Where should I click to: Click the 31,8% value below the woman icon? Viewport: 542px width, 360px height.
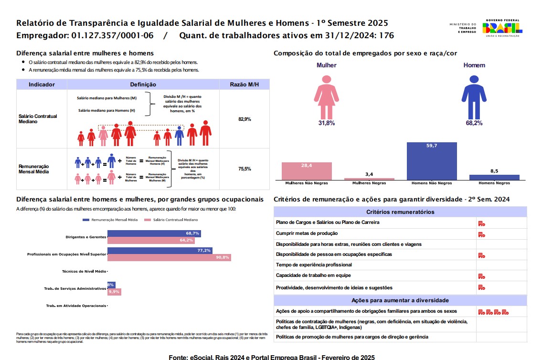click(x=327, y=123)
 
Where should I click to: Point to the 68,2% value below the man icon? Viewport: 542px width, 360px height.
click(x=474, y=123)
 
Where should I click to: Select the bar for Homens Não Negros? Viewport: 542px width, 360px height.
click(x=432, y=160)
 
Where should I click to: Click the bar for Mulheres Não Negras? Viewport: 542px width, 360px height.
click(x=307, y=170)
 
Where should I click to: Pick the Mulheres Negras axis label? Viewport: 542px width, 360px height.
click(x=369, y=183)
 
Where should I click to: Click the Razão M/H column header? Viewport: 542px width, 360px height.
click(x=244, y=85)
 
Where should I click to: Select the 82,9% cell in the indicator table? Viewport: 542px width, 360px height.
click(x=244, y=119)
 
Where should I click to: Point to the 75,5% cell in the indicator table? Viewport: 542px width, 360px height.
click(x=244, y=169)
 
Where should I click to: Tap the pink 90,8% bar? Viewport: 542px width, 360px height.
click(x=169, y=257)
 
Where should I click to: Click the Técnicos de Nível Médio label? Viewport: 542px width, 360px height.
click(x=84, y=271)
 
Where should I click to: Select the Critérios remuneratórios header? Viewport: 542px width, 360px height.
click(x=400, y=212)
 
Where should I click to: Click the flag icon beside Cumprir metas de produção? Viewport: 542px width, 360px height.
click(x=481, y=234)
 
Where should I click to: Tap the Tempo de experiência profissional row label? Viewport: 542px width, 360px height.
click(x=314, y=265)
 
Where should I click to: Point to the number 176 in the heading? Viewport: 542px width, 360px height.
click(x=386, y=35)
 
